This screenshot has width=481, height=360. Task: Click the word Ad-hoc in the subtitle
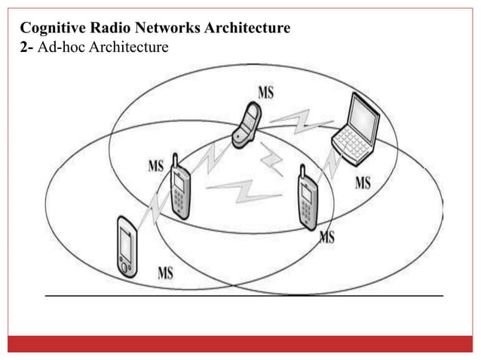[58, 47]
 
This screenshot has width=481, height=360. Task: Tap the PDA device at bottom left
[126, 246]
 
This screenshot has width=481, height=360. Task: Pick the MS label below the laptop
[362, 183]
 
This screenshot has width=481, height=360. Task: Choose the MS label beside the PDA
[164, 273]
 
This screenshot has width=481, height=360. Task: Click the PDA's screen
[126, 243]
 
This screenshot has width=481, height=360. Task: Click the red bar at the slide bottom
[240, 343]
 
